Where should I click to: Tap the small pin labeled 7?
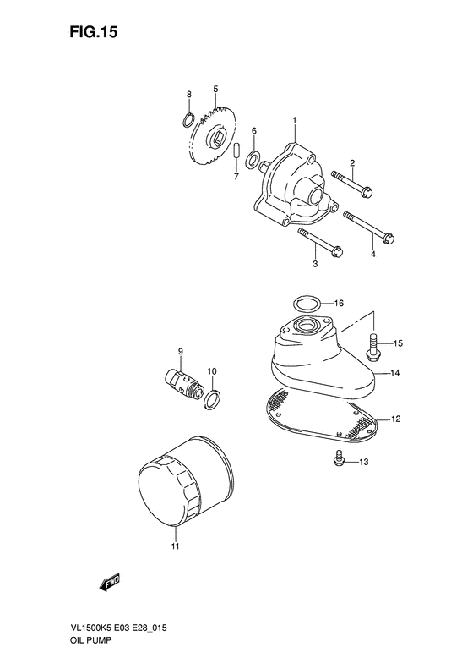(237, 157)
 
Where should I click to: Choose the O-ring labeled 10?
(215, 398)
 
